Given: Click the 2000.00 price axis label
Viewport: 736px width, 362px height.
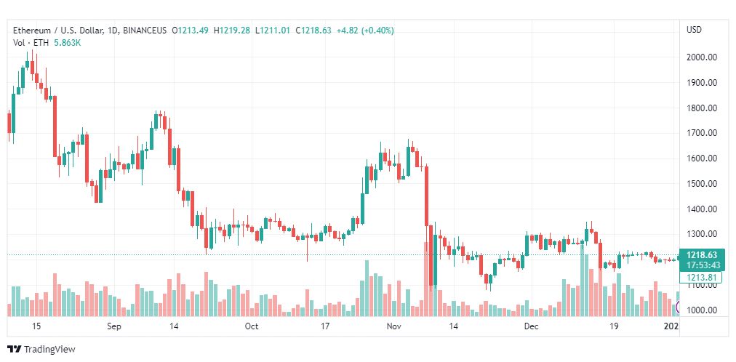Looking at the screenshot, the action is (701, 57).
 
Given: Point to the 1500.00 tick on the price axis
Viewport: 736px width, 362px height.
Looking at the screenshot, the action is (701, 184).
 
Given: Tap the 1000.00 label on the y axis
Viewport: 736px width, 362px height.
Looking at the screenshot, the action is (701, 310).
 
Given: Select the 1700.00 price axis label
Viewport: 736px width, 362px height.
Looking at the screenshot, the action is (701, 133).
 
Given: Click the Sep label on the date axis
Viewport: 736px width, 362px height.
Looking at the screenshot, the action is (114, 326).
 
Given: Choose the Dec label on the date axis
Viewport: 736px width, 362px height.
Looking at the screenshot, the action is (532, 326).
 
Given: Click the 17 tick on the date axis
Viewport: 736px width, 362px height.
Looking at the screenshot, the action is (325, 326).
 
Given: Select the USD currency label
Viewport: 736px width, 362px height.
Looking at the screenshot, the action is (695, 30).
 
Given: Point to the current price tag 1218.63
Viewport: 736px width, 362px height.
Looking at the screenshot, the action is (702, 255).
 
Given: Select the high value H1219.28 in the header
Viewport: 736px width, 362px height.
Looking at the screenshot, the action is (232, 31).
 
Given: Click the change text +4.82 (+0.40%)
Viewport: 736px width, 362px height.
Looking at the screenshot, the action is (365, 31).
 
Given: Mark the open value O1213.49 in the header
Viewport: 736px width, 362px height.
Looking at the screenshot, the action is (191, 31).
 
